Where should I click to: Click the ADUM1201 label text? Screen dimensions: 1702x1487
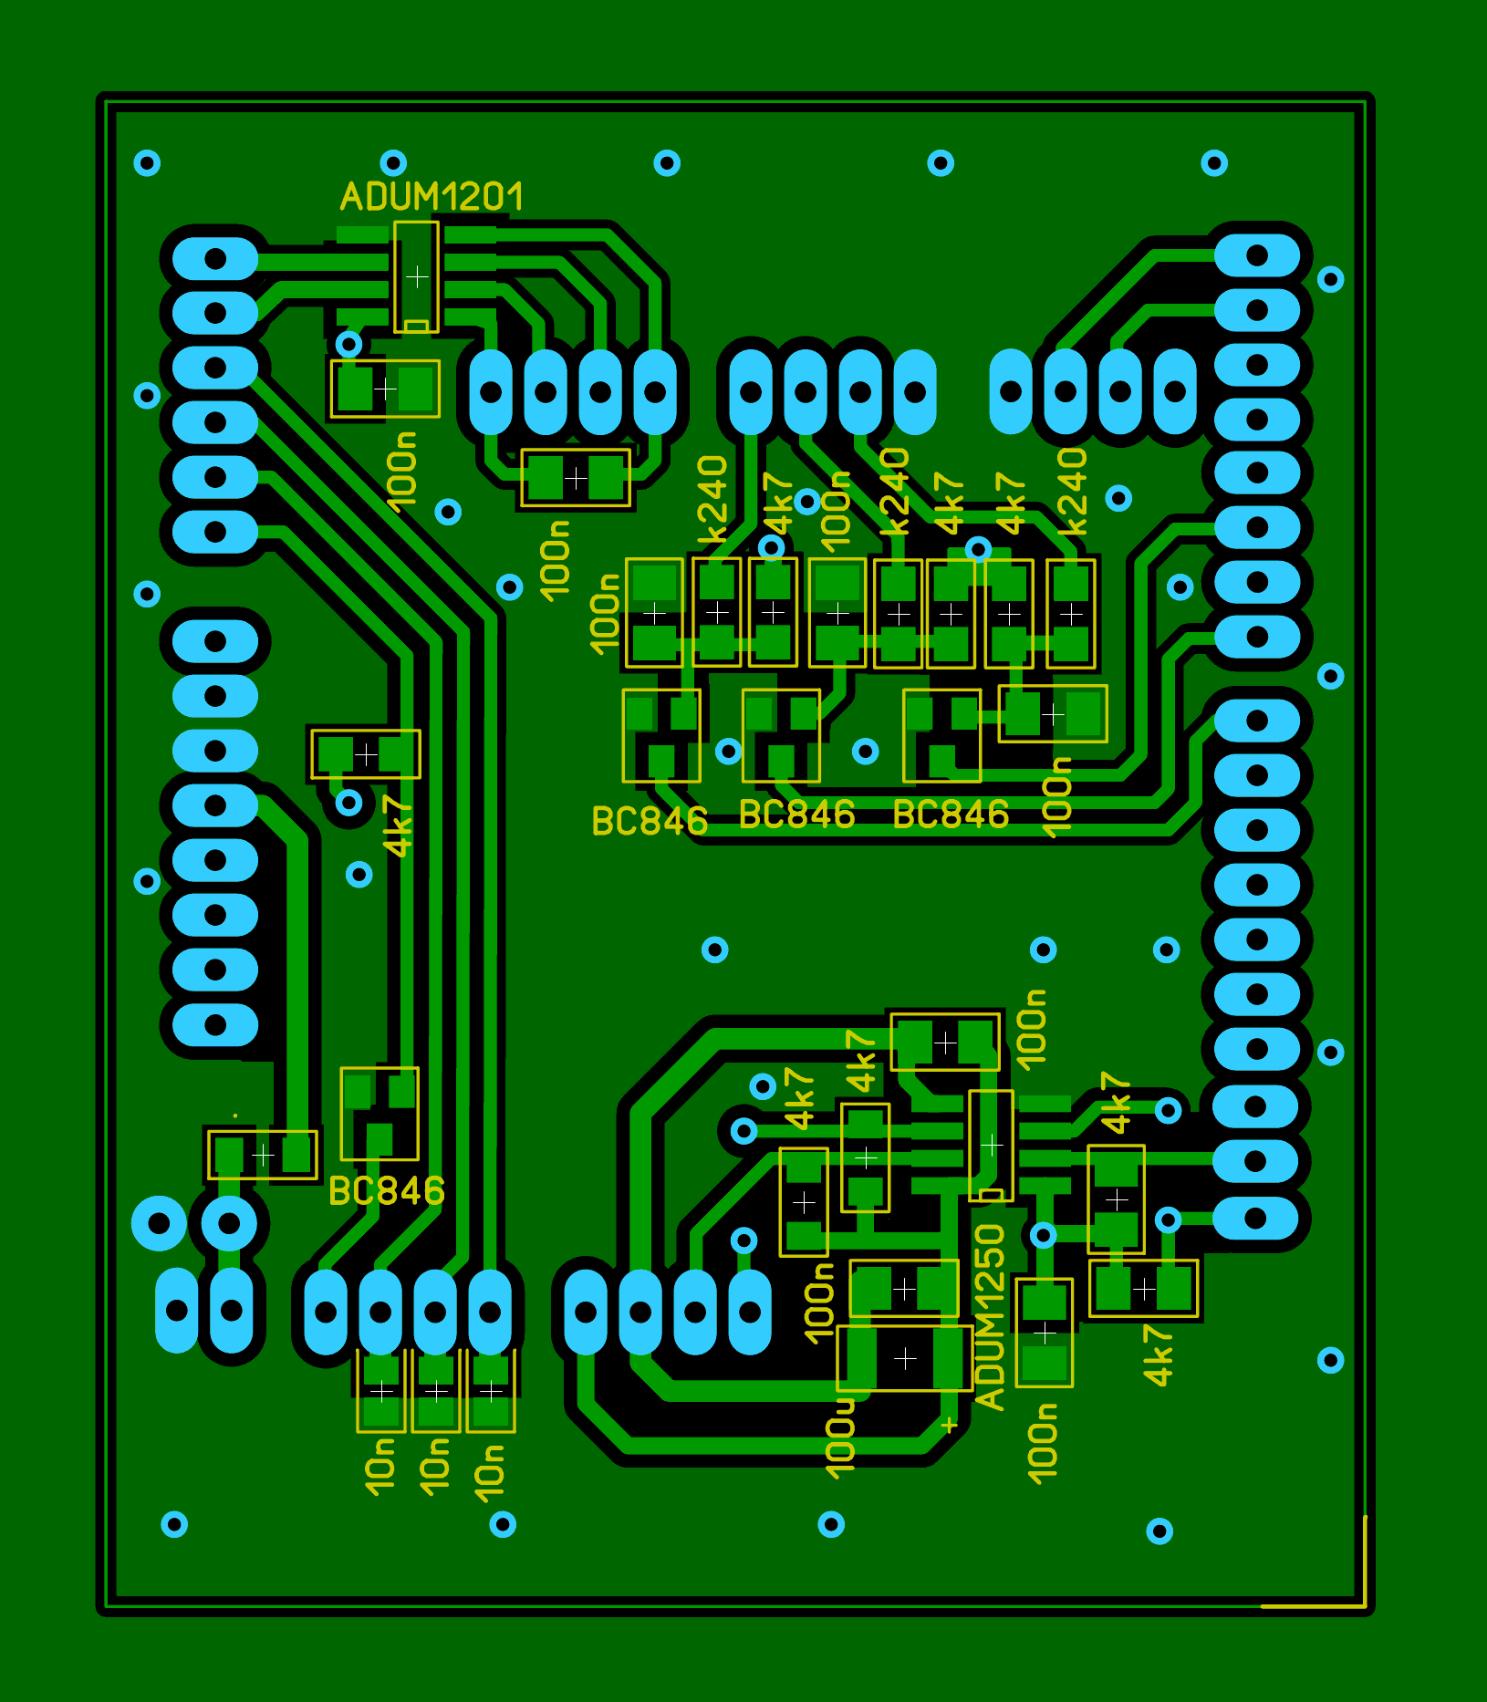[432, 197]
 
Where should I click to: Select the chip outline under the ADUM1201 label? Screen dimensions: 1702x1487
[416, 276]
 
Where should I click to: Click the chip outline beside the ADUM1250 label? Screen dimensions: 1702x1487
[991, 1145]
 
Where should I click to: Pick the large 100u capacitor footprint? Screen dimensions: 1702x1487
[904, 1358]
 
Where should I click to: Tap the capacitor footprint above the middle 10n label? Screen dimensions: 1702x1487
[436, 1391]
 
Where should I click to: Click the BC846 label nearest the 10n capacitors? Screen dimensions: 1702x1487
[386, 1191]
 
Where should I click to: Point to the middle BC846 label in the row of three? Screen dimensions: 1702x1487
[796, 815]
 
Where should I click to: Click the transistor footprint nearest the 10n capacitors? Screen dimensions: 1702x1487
[380, 1114]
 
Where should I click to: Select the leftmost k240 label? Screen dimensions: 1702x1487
[712, 500]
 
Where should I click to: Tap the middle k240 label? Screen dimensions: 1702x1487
[894, 491]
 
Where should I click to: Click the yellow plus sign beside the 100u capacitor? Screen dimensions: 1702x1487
[949, 1425]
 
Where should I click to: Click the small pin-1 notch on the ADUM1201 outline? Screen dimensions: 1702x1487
[416, 326]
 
